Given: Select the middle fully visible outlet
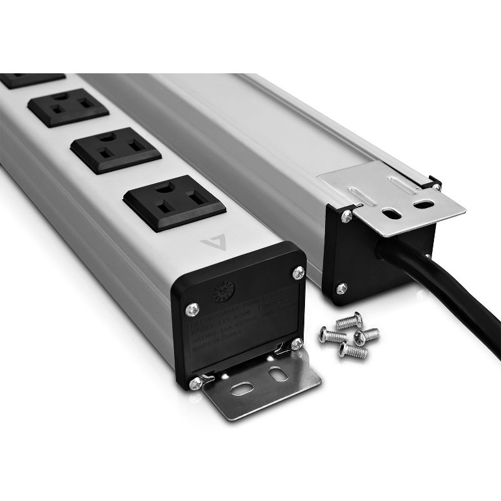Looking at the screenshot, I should (116, 150).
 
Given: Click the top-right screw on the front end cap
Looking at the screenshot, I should (299, 272).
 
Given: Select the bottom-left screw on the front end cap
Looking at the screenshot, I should (197, 381).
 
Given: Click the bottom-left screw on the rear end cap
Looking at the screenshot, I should (341, 287).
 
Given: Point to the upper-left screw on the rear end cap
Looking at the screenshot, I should (346, 216).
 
